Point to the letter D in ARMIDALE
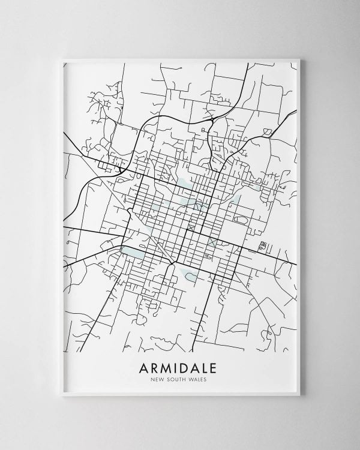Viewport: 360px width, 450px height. tap(188, 367)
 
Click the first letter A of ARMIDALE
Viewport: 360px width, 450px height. tap(143, 367)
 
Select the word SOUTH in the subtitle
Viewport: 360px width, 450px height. tap(177, 379)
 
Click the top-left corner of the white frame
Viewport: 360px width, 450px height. tap(62, 58)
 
